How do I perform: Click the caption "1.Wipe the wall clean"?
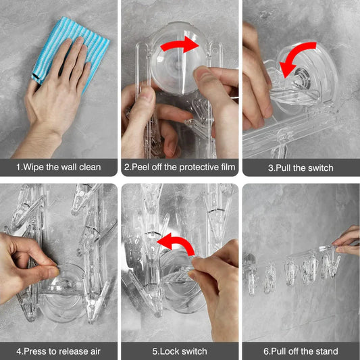click(59, 167)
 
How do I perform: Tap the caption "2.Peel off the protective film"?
click(180, 167)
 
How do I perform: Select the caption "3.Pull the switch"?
click(301, 167)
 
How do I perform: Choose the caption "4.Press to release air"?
click(59, 351)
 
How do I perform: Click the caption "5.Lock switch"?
click(180, 351)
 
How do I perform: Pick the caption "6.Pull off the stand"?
click(301, 351)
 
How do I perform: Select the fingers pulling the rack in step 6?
click(346, 240)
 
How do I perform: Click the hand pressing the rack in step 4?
click(30, 260)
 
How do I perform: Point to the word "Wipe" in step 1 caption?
click(39, 167)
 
